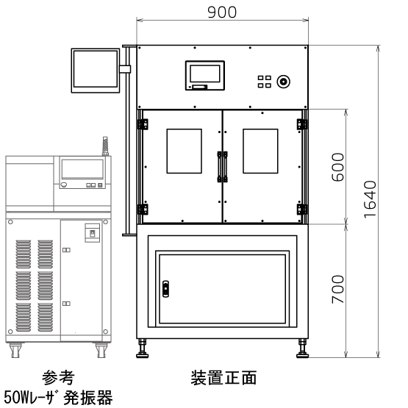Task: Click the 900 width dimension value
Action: coord(222,12)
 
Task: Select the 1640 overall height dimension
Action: coord(370,199)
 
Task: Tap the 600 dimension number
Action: coord(337,167)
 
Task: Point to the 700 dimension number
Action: coord(337,289)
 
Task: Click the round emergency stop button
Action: coord(283,82)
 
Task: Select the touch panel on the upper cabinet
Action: coord(205,76)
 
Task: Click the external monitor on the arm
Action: coord(96,71)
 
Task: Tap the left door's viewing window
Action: coord(185,151)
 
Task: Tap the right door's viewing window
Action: coord(260,151)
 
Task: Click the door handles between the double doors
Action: coord(223,167)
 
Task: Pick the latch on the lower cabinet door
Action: coord(165,289)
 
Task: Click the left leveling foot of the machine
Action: coord(143,348)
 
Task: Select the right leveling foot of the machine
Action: coord(302,348)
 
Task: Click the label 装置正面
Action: coord(223,378)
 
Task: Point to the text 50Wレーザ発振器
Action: coord(58,397)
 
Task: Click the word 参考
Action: coord(58,378)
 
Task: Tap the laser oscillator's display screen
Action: coord(82,169)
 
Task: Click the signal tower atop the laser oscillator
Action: coord(105,146)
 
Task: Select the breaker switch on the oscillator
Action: coord(93,233)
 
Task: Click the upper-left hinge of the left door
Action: coord(143,124)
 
